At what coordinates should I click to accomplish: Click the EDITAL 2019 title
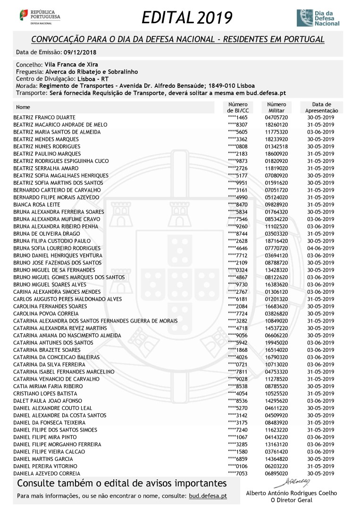pos(187,17)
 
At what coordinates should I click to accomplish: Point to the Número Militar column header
pos(276,107)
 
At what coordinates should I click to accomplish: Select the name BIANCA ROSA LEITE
pos(37,204)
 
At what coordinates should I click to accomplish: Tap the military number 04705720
pos(276,117)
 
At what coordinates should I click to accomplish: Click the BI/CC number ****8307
pos(237,125)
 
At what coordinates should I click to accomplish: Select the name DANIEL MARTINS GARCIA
pos(43,459)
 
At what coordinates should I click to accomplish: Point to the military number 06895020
pos(276,474)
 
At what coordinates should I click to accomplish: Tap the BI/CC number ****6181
pos(237,299)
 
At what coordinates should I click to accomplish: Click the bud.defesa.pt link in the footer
pos(208,496)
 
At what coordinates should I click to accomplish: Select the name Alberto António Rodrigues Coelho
pos(292,493)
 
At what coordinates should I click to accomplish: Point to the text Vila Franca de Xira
pos(71,64)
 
